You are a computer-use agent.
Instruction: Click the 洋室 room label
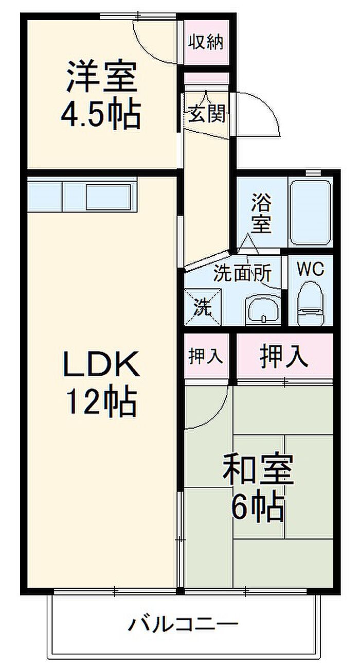click(x=101, y=77)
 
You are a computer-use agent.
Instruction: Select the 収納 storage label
click(x=205, y=43)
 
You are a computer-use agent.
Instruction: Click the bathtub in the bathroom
click(x=309, y=212)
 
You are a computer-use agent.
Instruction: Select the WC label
click(x=310, y=270)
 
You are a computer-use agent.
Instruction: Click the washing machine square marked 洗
click(x=203, y=307)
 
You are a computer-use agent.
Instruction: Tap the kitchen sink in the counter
click(x=107, y=196)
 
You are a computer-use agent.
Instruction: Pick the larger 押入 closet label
click(x=284, y=356)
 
